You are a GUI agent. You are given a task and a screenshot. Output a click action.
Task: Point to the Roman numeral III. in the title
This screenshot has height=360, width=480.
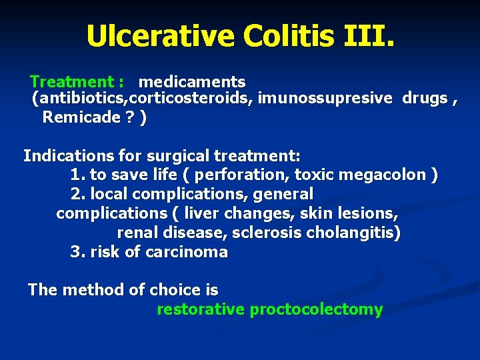pos(370,36)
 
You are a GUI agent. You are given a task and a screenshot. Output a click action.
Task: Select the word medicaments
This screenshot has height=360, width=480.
pos(192,82)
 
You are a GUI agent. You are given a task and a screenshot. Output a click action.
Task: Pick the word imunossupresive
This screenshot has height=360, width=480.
pos(325,99)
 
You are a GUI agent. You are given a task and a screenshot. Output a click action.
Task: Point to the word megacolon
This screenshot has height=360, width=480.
pos(393,175)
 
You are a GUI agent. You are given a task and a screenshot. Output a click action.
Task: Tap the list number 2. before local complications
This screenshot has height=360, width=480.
pos(77,194)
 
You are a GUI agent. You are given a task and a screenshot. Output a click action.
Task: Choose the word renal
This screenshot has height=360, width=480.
pos(137,233)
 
